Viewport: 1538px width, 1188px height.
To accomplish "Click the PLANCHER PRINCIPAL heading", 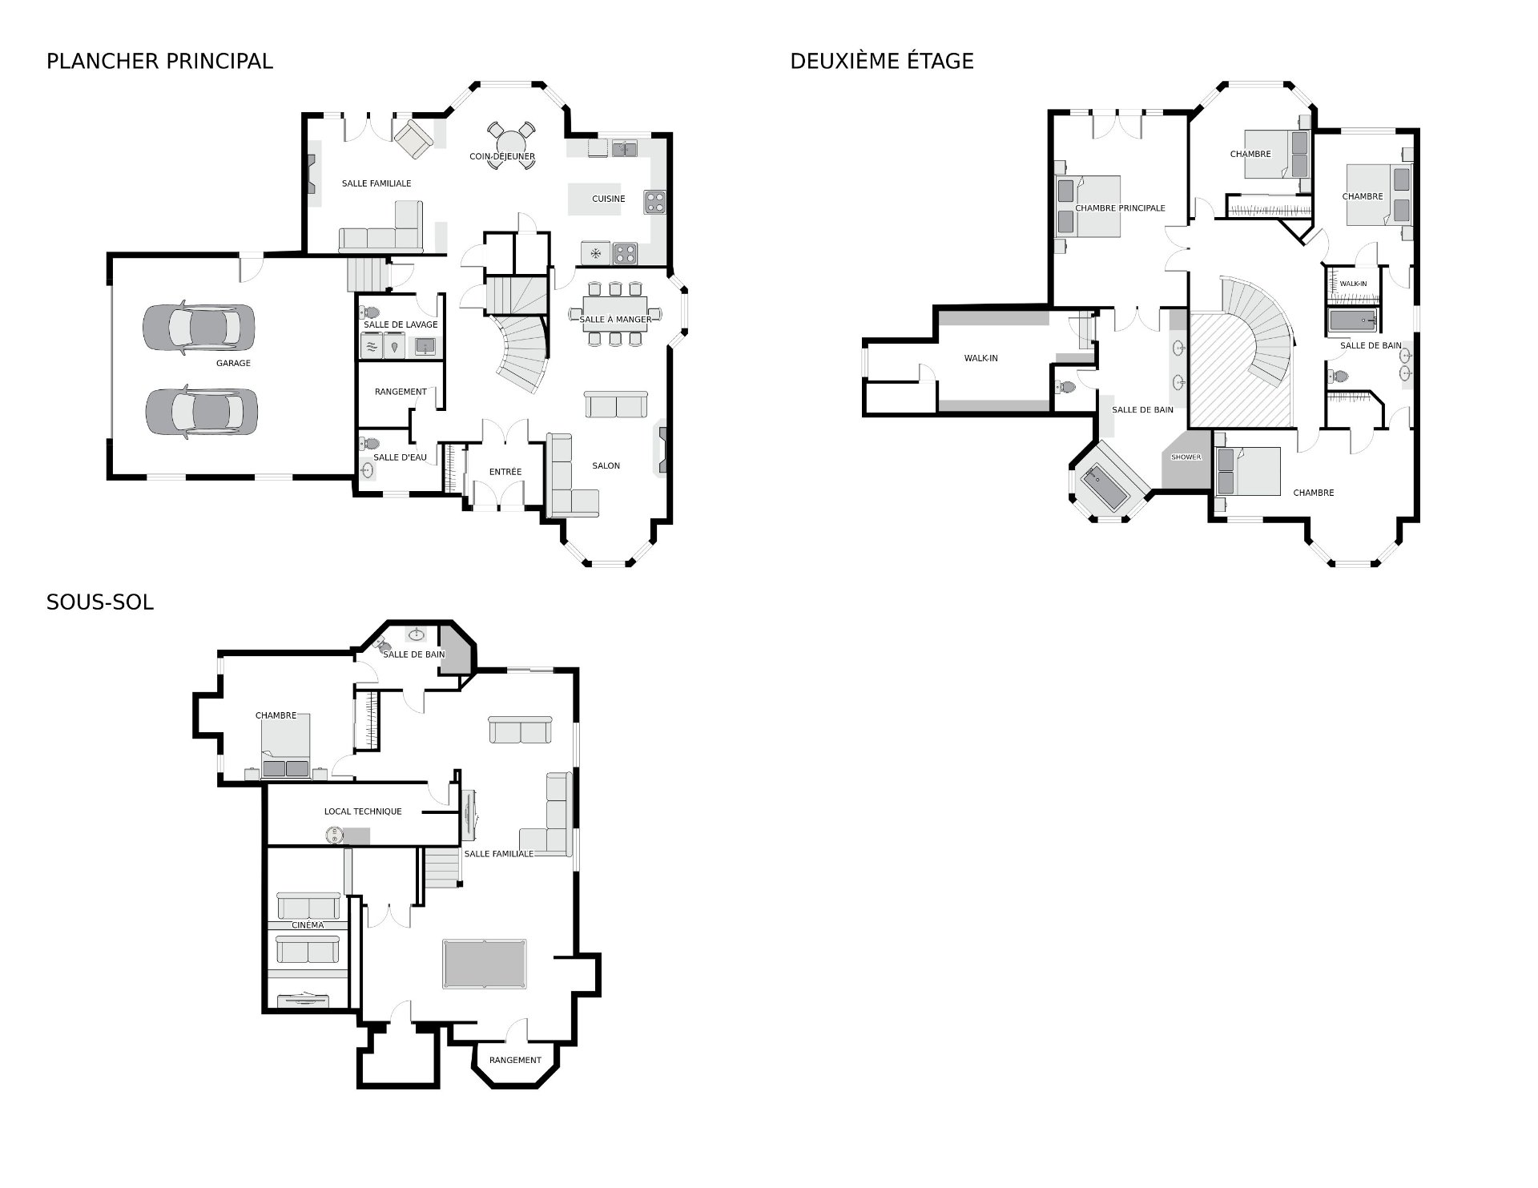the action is tap(159, 61).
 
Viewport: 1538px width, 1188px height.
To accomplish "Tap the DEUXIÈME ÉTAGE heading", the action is tap(882, 61).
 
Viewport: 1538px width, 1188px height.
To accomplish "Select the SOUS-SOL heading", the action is tap(100, 602).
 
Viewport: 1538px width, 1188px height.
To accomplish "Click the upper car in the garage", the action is tap(199, 328).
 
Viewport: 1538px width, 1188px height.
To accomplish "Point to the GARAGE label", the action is tap(233, 363).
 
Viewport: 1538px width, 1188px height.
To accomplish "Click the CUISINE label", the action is tap(609, 199).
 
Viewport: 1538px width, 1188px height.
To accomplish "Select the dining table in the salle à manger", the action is tap(615, 314).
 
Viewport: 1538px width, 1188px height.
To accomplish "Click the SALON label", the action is tap(606, 465).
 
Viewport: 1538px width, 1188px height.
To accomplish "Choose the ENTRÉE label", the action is tap(505, 472).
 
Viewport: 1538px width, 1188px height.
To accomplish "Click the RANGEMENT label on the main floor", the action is tap(401, 392).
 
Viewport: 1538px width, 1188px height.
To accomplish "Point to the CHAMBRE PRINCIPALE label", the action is tap(1120, 208).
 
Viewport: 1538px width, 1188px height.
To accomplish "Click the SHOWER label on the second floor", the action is tap(1186, 457).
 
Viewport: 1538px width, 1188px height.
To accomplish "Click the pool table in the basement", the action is tap(485, 964).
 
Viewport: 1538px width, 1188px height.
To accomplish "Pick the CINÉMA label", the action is tap(308, 925).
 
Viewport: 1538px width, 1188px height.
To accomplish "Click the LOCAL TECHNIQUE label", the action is tap(363, 811).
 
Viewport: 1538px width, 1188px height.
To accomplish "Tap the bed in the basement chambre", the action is tap(285, 745).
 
